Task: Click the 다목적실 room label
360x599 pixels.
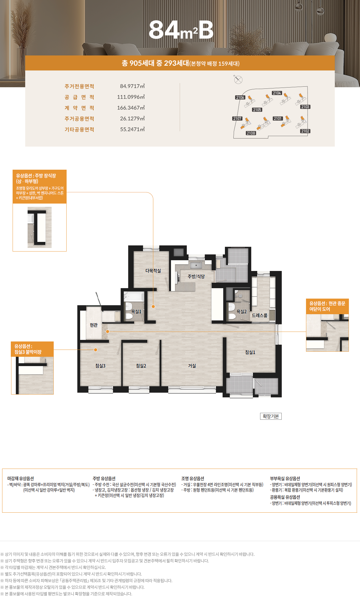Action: pyautogui.click(x=153, y=271)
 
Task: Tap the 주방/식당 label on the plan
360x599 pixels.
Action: pyautogui.click(x=196, y=276)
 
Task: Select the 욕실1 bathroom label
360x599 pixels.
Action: pyautogui.click(x=136, y=311)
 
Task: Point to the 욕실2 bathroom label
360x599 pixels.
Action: pyautogui.click(x=241, y=311)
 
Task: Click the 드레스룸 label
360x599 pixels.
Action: pyautogui.click(x=259, y=315)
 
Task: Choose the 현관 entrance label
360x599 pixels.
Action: pyautogui.click(x=94, y=325)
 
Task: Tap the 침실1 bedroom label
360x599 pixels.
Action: pyautogui.click(x=250, y=352)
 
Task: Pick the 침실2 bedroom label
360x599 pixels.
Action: pyautogui.click(x=141, y=366)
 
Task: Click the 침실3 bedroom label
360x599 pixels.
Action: pyautogui.click(x=100, y=366)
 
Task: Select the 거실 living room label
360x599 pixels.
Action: pyautogui.click(x=192, y=366)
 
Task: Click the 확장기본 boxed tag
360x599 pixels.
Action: pyautogui.click(x=271, y=416)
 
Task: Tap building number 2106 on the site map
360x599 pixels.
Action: pyautogui.click(x=240, y=97)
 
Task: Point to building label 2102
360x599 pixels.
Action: pyautogui.click(x=305, y=131)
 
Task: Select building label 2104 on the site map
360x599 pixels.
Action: pyautogui.click(x=277, y=93)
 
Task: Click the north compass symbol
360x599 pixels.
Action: pyautogui.click(x=238, y=79)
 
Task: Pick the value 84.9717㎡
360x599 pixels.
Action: pyautogui.click(x=132, y=86)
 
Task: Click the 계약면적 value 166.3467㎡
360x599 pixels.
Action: pyautogui.click(x=131, y=108)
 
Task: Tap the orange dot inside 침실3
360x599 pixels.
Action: pyautogui.click(x=95, y=350)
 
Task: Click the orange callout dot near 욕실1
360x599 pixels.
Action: pyautogui.click(x=153, y=306)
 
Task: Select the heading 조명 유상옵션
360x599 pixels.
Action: pyautogui.click(x=193, y=478)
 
